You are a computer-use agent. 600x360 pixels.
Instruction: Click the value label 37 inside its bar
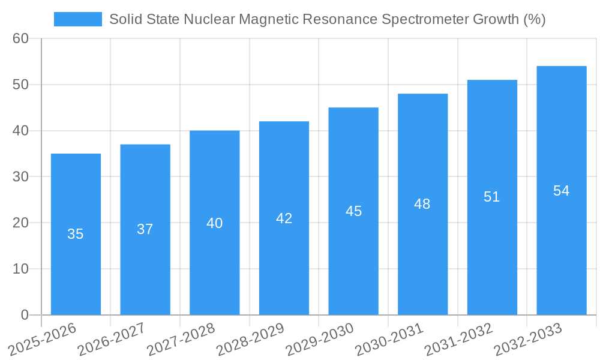coord(145,229)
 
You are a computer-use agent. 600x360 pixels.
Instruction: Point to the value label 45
coord(353,211)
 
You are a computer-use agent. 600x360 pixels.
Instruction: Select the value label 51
coord(492,197)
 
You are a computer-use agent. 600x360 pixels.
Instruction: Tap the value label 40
coord(214,223)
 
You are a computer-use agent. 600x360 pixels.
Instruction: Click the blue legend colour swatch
coord(78,19)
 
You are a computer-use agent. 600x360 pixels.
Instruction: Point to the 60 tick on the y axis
coord(21,38)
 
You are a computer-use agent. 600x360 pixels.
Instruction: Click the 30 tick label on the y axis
coord(21,176)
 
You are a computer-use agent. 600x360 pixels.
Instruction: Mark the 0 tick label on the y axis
coord(25,314)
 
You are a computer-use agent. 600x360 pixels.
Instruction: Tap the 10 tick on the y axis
coord(21,269)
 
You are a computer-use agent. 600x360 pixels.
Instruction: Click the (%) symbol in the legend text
coord(534,19)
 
